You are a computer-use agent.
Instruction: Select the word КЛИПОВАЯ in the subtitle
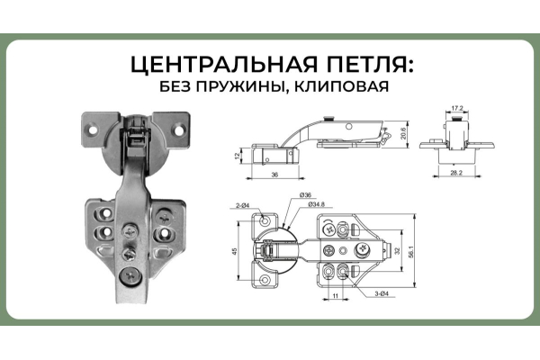342,86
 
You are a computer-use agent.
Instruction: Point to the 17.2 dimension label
456,108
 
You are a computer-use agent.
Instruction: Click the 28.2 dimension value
456,173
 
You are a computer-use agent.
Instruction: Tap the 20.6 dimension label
403,133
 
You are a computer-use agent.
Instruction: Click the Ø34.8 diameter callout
316,204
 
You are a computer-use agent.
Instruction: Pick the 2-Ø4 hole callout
243,206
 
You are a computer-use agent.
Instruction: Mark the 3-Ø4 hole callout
382,294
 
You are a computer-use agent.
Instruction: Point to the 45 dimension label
235,251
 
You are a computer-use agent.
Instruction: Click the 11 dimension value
336,295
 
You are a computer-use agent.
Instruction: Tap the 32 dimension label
398,251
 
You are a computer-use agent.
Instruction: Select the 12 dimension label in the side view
237,156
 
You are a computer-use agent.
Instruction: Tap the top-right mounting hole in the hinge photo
179,130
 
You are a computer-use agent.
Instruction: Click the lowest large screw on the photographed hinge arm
130,276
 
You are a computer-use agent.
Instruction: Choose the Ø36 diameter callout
305,195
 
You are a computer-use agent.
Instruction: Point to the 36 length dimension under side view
274,175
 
